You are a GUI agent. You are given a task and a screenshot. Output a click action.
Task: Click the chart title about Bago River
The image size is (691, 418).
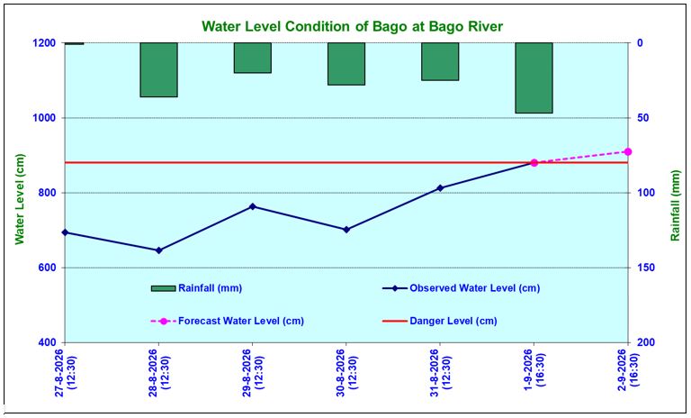point(352,26)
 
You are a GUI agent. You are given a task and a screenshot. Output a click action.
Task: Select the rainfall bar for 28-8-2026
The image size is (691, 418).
point(158,69)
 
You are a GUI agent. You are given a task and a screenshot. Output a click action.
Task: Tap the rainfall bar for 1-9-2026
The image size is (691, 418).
point(534,78)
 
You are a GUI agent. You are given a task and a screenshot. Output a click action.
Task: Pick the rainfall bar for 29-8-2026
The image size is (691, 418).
point(253,58)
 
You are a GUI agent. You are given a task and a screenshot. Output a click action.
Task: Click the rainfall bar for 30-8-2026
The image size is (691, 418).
point(346,64)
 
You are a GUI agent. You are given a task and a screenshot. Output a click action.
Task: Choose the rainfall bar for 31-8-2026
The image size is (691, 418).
point(440,62)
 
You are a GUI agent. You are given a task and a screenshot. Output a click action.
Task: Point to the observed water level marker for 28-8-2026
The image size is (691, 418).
point(159,250)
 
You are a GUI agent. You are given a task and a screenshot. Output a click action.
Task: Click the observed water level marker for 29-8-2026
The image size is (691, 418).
point(253,206)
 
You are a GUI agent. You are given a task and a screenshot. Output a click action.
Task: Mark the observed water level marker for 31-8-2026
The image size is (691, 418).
point(440,188)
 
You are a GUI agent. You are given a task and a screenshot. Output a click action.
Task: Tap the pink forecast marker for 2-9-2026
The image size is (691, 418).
point(628,152)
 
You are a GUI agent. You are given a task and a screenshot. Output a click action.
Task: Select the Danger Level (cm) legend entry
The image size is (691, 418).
point(439,321)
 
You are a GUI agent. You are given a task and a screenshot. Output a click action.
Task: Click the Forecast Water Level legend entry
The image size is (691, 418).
point(228,321)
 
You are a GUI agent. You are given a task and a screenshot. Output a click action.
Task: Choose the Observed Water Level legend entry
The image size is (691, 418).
point(462,288)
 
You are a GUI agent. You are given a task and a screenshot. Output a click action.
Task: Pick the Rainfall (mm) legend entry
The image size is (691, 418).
point(196,288)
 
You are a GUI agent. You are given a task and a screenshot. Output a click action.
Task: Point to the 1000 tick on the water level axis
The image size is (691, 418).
point(44,118)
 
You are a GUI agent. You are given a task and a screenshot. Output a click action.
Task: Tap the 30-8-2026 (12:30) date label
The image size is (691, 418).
point(346,373)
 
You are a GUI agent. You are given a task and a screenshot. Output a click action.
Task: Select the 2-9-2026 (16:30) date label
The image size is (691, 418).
point(628,369)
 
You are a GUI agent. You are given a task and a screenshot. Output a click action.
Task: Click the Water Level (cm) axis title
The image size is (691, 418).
point(20,199)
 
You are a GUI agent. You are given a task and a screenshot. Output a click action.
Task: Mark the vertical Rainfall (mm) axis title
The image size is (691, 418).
point(675,205)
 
